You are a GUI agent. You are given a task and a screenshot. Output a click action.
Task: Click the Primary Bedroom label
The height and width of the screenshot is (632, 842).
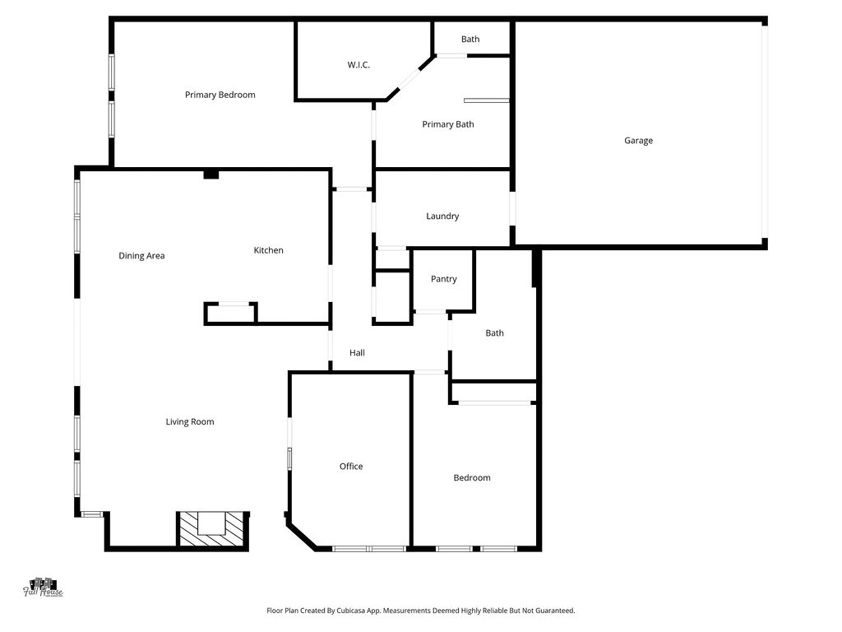point(220,95)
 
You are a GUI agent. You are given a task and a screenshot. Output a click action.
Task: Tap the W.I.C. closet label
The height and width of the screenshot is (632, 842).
point(359,65)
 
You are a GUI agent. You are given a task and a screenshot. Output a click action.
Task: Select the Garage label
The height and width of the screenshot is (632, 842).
point(638,141)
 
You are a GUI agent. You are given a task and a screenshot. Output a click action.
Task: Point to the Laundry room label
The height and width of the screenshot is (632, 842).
point(442,216)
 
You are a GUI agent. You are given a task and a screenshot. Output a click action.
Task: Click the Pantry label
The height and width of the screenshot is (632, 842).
point(443,279)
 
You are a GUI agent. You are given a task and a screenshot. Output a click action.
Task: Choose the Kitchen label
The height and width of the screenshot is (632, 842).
point(269,250)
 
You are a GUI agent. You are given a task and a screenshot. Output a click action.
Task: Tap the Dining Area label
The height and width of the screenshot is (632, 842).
point(141,256)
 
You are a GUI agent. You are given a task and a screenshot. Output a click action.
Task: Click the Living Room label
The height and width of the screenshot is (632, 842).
point(190,422)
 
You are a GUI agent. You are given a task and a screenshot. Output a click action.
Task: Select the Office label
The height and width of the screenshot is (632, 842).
point(351,467)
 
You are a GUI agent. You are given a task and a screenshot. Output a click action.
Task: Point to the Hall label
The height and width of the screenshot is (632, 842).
point(357,353)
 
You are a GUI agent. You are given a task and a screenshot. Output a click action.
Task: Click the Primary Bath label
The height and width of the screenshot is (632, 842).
point(448,125)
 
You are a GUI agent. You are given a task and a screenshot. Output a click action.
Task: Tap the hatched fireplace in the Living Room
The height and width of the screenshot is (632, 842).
point(213,529)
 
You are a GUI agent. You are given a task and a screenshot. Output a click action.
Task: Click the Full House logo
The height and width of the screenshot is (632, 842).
point(43,588)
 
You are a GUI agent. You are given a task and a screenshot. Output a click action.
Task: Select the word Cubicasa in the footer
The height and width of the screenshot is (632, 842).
point(351,611)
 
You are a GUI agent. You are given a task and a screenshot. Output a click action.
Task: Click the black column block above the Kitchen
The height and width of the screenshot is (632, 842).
point(211,174)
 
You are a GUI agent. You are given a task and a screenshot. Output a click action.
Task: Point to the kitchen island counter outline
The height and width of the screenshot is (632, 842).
point(230,314)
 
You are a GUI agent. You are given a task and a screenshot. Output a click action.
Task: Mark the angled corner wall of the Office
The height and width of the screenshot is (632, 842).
point(302,535)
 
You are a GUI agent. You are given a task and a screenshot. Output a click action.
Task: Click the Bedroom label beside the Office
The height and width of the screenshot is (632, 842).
point(472,478)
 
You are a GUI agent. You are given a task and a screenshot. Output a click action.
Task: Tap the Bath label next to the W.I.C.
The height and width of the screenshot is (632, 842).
point(470,39)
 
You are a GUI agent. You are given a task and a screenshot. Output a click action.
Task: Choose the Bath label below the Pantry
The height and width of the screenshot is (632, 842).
point(494,333)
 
